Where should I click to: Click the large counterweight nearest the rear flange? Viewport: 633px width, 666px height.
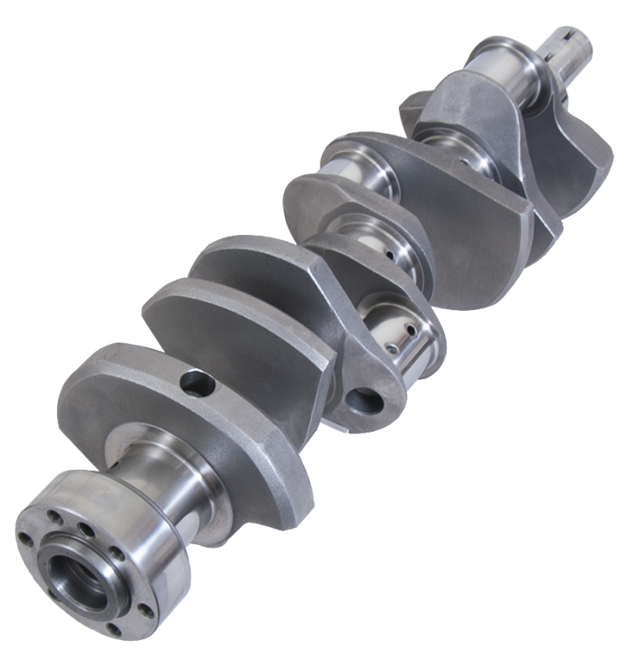(182, 411)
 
